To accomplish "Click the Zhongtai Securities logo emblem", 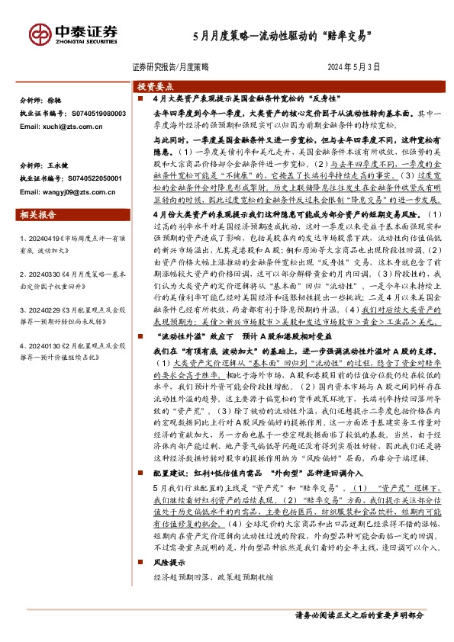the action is click(x=39, y=34).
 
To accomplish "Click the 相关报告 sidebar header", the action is click(x=36, y=216).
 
